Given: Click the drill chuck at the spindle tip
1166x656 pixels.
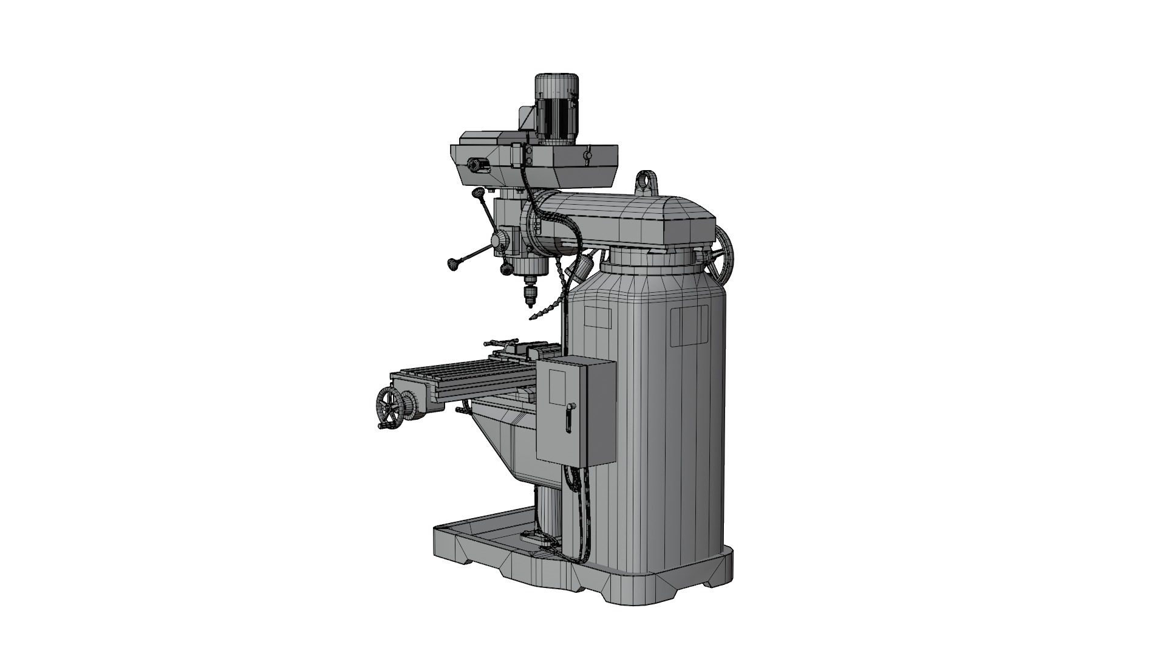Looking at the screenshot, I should click(x=530, y=292).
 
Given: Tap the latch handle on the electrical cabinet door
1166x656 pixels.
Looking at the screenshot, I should click(x=569, y=417).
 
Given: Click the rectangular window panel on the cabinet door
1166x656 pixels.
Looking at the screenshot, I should click(x=557, y=386).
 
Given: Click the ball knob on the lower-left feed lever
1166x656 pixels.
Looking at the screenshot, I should click(x=453, y=264).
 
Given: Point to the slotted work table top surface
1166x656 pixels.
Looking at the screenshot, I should click(x=462, y=371).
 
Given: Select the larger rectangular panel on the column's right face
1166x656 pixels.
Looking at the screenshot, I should click(x=689, y=325).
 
